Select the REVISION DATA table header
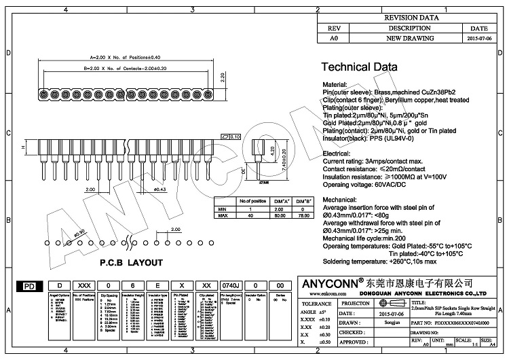[411, 18]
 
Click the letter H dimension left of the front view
[23, 147]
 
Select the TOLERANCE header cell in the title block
[316, 303]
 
